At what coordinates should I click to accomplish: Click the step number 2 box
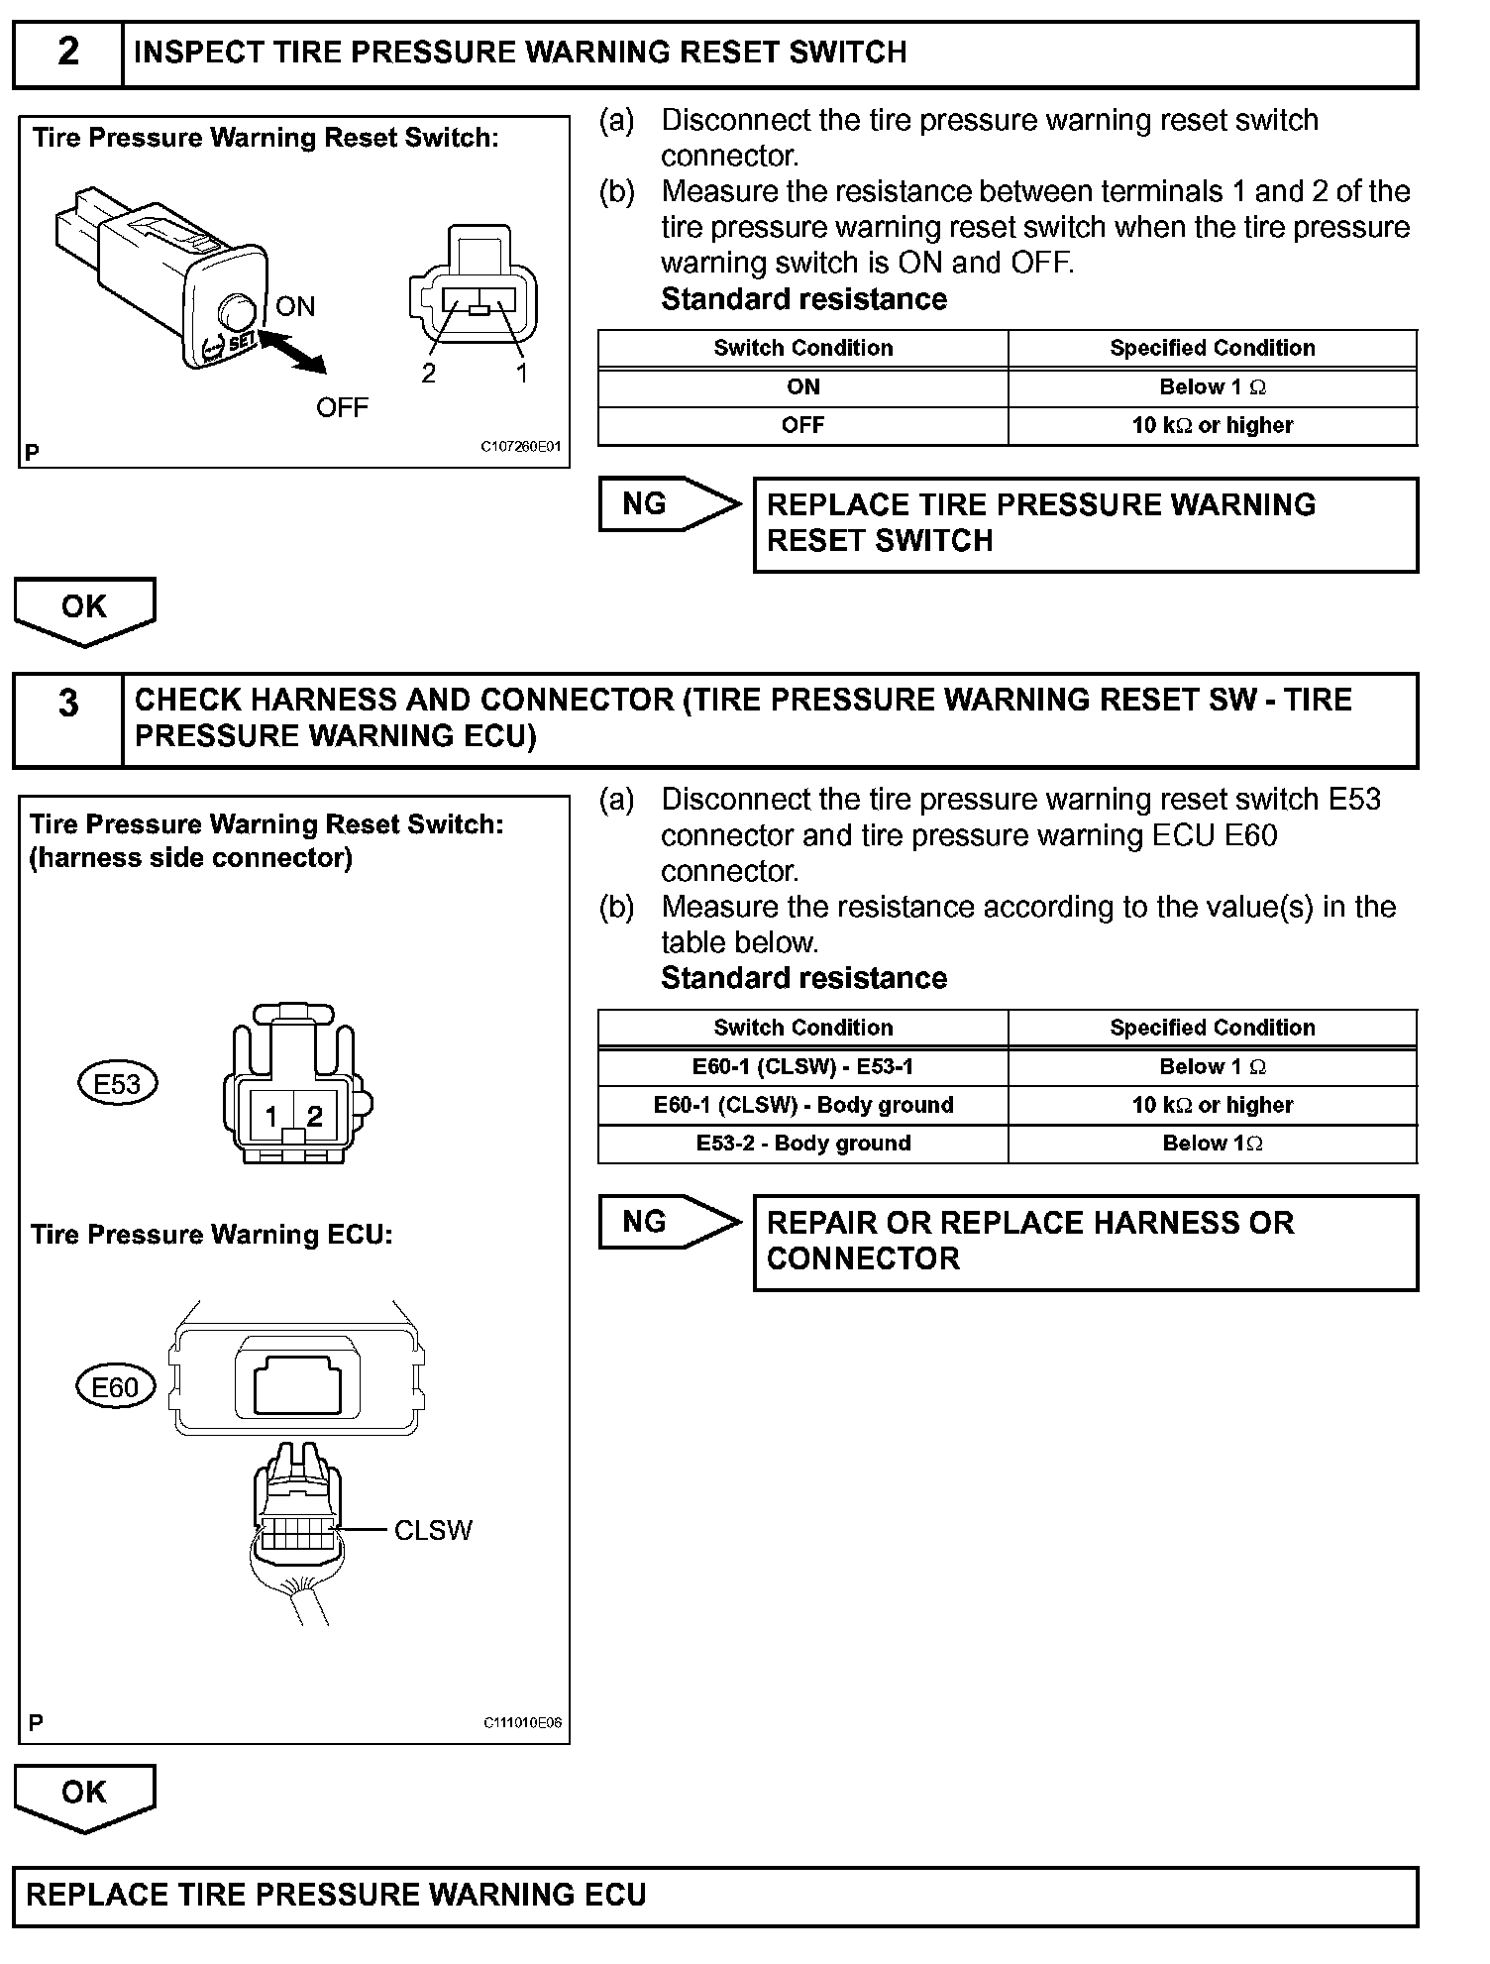67,53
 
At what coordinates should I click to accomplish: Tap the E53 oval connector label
117,1084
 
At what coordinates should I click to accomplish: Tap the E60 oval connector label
115,1387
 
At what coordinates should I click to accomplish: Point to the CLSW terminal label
433,1531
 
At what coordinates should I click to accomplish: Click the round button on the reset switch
237,311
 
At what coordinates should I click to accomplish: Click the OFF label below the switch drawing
342,407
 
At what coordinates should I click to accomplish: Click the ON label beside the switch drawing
295,306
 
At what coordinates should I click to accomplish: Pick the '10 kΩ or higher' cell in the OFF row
1212,426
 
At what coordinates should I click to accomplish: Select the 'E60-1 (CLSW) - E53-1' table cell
802,1067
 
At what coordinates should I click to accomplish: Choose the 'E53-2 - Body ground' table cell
802,1144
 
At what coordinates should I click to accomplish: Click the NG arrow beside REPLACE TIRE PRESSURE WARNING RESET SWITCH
668,504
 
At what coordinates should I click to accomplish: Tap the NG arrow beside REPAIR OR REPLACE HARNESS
668,1222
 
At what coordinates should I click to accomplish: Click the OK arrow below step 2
84,609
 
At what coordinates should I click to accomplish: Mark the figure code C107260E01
521,447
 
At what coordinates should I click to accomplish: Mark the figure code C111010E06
522,1722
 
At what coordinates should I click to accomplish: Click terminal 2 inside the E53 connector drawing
315,1117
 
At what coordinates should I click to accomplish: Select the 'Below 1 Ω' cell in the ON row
1212,387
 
